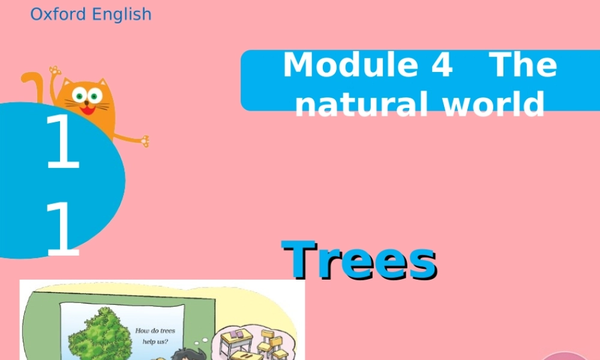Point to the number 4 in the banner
pyautogui.click(x=441, y=65)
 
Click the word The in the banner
pyautogui.click(x=524, y=65)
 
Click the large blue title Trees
pyautogui.click(x=359, y=260)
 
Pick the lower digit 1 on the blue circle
pyautogui.click(x=62, y=229)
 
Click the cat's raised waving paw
pyautogui.click(x=55, y=71)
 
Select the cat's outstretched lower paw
pyautogui.click(x=143, y=142)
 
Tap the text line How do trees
pyautogui.click(x=155, y=331)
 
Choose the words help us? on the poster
pyautogui.click(x=155, y=343)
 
